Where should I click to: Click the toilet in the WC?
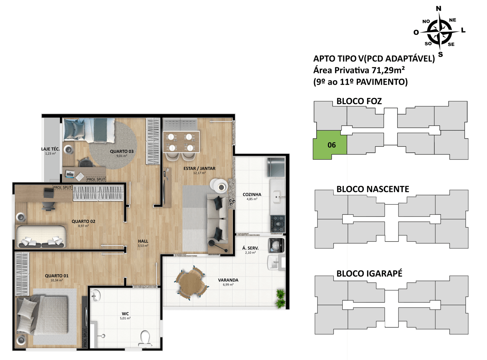pyautogui.click(x=145, y=339)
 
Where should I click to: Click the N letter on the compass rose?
pyautogui.click(x=438, y=8)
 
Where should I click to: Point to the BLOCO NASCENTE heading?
pyautogui.click(x=373, y=189)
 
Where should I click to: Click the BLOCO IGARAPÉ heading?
pyautogui.click(x=369, y=274)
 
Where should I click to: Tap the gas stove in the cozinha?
pyautogui.click(x=277, y=224)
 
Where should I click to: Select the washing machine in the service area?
pyautogui.click(x=276, y=245)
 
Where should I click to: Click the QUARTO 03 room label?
pyautogui.click(x=122, y=151)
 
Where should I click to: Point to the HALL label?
pyautogui.click(x=143, y=241)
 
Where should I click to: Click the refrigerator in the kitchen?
pyautogui.click(x=276, y=167)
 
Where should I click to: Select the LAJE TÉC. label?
pyautogui.click(x=50, y=149)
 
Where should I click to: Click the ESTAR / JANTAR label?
pyautogui.click(x=199, y=168)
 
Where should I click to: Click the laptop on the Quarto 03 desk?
pyautogui.click(x=70, y=174)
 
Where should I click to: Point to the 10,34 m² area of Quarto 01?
pyautogui.click(x=56, y=280)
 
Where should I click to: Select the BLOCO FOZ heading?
pyautogui.click(x=359, y=101)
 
